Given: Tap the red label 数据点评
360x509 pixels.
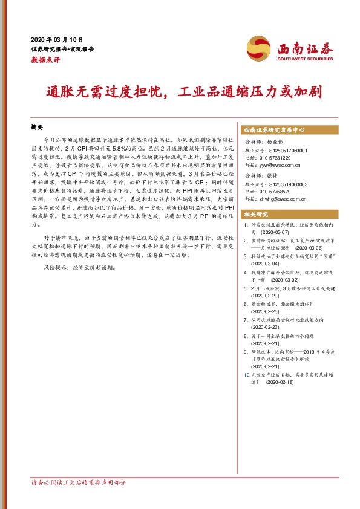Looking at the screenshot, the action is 43,60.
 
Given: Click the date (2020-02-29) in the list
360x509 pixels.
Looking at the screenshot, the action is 267,296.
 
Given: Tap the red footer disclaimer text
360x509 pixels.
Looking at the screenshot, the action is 79,483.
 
